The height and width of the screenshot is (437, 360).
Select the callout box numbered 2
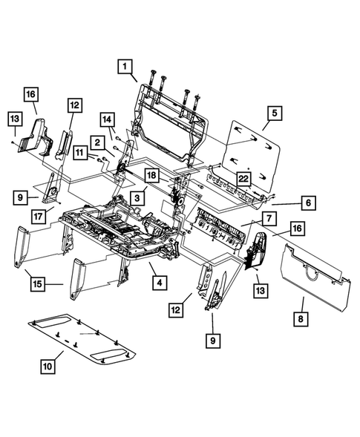tap(97, 142)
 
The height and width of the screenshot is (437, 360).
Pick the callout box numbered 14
tap(107, 119)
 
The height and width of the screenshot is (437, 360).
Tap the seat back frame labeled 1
tap(171, 122)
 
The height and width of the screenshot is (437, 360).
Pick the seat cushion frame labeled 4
tap(119, 230)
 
